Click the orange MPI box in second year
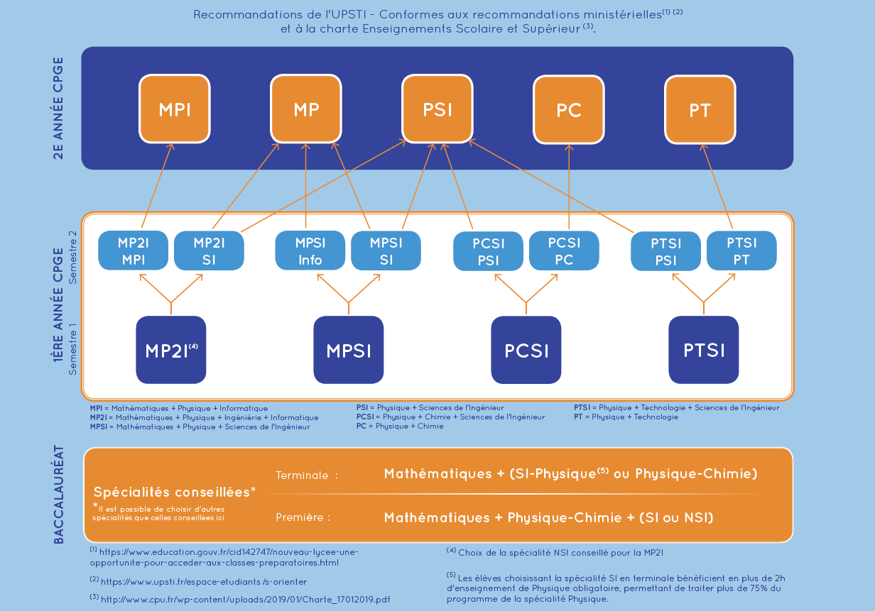[175, 109]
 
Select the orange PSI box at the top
[437, 109]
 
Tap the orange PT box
[700, 109]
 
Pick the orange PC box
[569, 109]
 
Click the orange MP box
[306, 109]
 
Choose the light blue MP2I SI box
[209, 251]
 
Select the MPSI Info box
[310, 251]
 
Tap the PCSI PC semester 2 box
[564, 251]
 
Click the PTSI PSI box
[665, 251]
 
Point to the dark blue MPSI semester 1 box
[349, 350]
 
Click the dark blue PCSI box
[526, 350]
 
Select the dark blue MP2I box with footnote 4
[171, 350]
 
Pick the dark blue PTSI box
[704, 350]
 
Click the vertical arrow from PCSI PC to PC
[569, 188]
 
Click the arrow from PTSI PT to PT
[717, 188]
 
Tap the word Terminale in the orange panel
[302, 475]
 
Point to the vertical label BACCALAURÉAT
[60, 495]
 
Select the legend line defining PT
[626, 417]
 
